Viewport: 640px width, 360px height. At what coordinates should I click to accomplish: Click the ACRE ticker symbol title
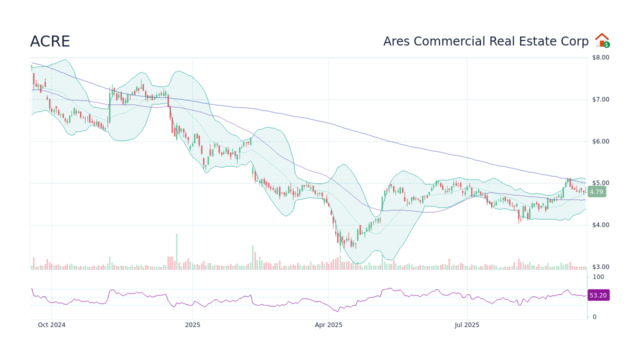(50, 42)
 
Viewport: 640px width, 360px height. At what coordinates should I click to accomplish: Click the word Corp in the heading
(576, 42)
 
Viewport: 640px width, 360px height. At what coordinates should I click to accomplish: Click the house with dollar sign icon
(602, 40)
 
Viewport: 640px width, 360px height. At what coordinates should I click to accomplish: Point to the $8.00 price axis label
(600, 57)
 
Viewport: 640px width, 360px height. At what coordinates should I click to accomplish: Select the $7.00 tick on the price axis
(600, 99)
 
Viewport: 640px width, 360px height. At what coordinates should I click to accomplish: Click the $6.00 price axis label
(600, 141)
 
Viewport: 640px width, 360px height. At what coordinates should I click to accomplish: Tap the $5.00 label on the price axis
(600, 183)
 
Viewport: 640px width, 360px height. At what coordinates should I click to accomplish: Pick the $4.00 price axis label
(600, 225)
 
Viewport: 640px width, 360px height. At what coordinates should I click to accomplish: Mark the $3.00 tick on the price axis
(600, 267)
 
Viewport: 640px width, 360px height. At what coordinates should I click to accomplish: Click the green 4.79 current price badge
(596, 191)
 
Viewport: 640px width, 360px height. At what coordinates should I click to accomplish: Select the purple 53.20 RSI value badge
(598, 295)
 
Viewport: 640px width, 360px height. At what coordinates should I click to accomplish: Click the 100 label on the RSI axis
(598, 277)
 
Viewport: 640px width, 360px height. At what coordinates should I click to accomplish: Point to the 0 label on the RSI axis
(594, 317)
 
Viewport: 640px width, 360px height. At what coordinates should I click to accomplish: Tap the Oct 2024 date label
(51, 325)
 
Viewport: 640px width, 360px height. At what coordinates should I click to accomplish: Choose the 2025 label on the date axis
(192, 325)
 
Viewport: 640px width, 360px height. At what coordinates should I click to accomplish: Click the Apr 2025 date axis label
(328, 325)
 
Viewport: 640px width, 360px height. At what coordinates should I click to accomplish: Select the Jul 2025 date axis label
(467, 325)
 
